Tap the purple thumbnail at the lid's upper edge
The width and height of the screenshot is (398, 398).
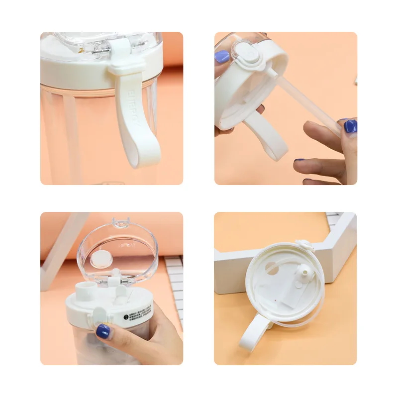tap(222, 57)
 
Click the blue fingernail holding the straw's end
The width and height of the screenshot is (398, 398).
tap(350, 126)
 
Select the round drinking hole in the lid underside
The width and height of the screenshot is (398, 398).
tap(272, 268)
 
